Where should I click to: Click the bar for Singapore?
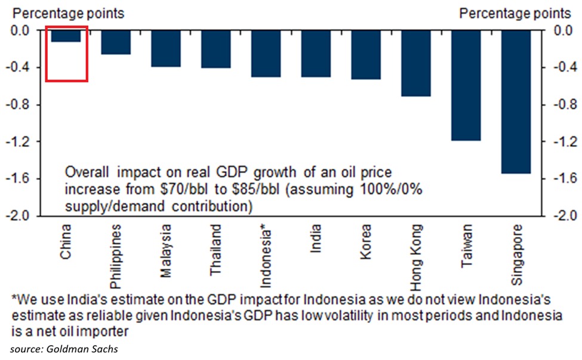pyautogui.click(x=517, y=101)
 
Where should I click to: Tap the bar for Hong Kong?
pyautogui.click(x=416, y=63)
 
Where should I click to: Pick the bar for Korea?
pyautogui.click(x=366, y=55)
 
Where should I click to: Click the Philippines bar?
pyautogui.click(x=116, y=42)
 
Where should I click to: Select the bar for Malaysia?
pyautogui.click(x=166, y=48)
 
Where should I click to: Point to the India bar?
pyautogui.click(x=316, y=54)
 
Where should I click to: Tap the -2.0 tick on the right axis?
pyautogui.click(x=563, y=216)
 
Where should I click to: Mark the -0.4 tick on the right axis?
pyautogui.click(x=563, y=68)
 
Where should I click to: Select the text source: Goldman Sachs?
pyautogui.click(x=63, y=348)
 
